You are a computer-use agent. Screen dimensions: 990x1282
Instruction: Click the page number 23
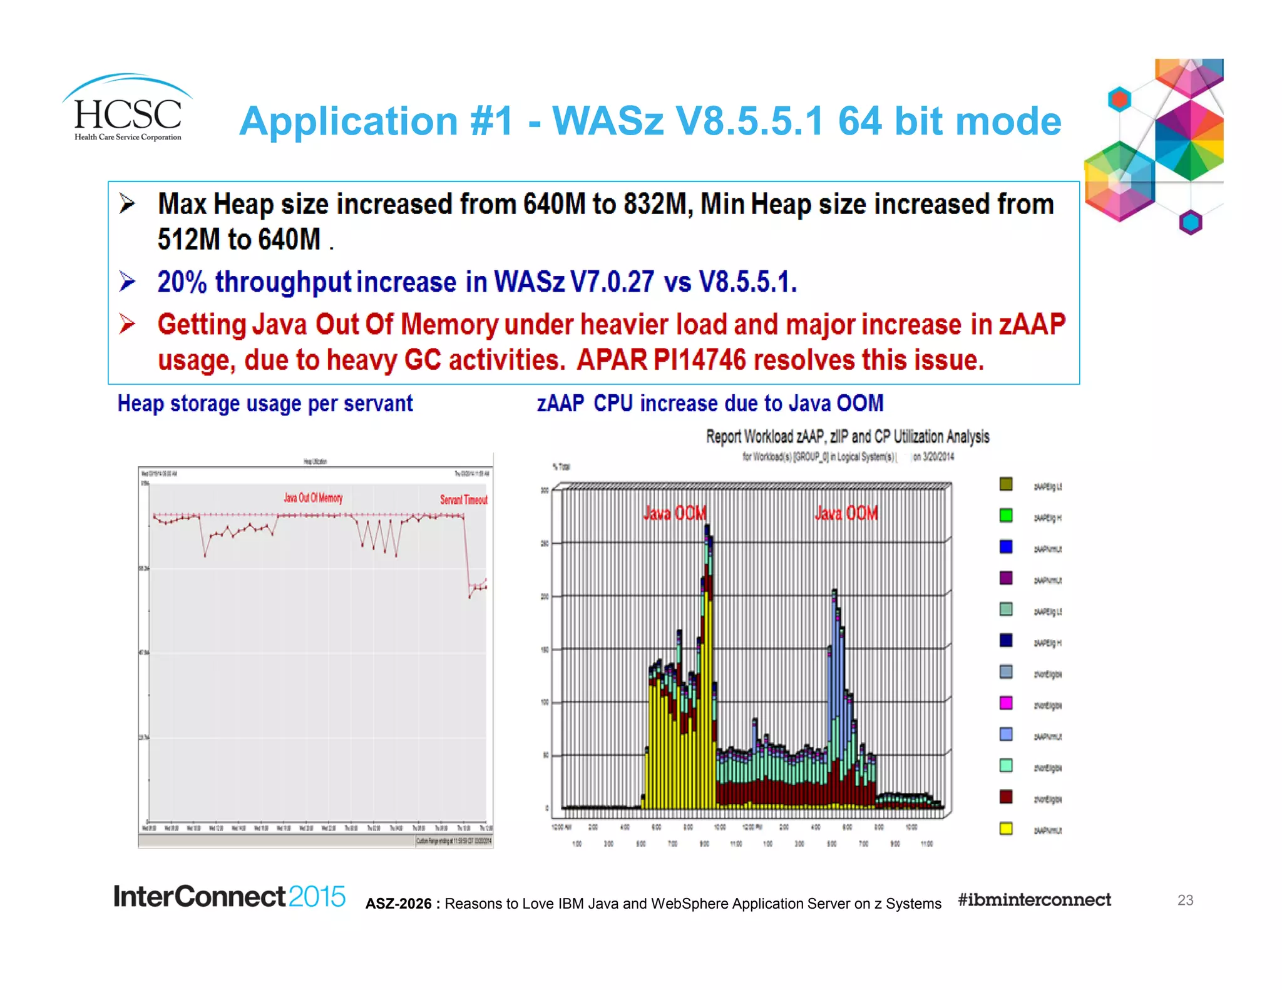1185,900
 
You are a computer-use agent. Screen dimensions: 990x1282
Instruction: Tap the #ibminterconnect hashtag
1034,900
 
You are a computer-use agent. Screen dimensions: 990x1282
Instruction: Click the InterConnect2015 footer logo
229,897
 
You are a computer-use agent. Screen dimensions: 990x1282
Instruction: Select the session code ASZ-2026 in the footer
398,904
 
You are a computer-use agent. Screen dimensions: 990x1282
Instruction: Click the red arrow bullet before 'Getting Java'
127,324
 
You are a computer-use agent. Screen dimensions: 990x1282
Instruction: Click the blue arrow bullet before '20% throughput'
127,282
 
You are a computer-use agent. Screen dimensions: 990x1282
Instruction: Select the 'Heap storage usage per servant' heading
265,404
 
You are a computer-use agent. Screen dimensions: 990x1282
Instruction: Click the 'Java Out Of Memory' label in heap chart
313,498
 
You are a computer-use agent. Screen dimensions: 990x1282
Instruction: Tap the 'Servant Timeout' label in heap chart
463,499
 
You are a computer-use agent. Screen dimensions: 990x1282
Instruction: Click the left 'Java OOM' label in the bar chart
675,513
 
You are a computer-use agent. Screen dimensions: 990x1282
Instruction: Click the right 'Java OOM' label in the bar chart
846,513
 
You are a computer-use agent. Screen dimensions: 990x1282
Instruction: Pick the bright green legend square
1006,516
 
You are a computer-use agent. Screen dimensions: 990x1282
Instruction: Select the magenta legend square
1006,703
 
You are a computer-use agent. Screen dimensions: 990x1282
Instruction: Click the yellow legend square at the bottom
1006,829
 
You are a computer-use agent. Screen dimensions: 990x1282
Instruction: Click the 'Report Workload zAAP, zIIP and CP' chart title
847,437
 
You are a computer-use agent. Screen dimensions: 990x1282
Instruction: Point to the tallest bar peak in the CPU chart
707,529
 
